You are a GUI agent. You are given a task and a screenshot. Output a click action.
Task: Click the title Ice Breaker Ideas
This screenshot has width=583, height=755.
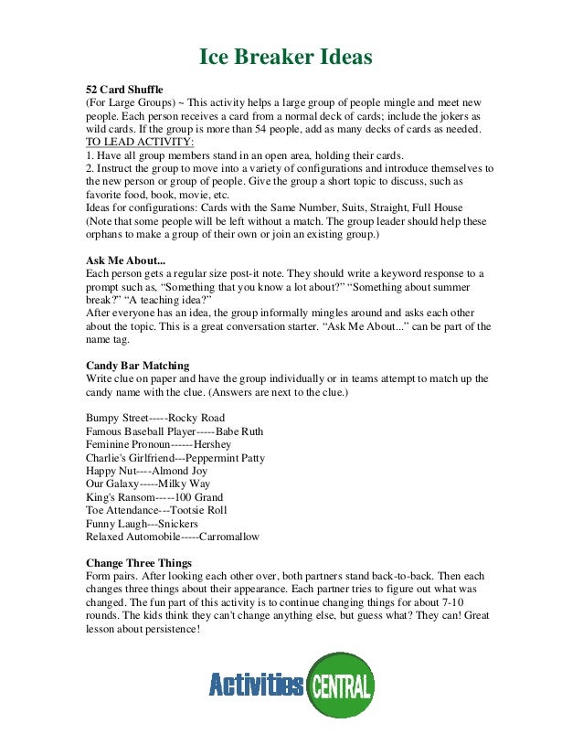pyautogui.click(x=286, y=58)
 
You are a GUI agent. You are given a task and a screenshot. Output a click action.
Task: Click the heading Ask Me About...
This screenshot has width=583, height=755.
pyautogui.click(x=126, y=260)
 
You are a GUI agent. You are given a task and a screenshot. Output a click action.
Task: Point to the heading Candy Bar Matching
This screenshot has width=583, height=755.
pyautogui.click(x=138, y=366)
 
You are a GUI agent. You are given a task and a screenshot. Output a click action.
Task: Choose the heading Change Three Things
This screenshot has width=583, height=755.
pyautogui.click(x=138, y=562)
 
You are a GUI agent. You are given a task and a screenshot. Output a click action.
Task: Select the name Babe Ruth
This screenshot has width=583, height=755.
pyautogui.click(x=244, y=431)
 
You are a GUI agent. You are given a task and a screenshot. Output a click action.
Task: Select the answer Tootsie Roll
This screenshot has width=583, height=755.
pyautogui.click(x=196, y=510)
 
